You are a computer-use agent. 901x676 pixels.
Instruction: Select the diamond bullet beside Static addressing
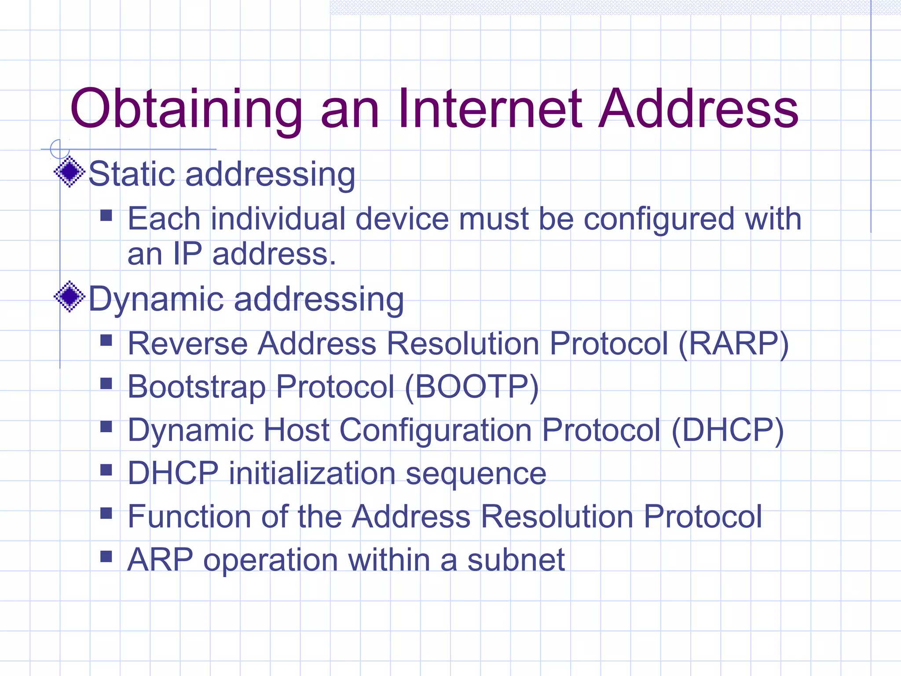pos(70,172)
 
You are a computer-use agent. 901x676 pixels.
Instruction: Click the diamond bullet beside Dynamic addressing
pos(70,296)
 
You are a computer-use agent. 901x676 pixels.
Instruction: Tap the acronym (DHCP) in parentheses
pos(728,430)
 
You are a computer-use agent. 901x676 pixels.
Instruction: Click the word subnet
pos(516,560)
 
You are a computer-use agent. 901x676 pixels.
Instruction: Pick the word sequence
pos(476,474)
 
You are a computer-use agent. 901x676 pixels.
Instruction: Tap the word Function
pos(189,516)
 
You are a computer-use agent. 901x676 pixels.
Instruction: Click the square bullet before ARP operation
pos(106,556)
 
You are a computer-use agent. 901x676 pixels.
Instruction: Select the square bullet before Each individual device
pos(106,215)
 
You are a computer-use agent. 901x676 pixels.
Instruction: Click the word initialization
pos(312,474)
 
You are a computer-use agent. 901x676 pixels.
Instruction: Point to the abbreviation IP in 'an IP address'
pos(187,254)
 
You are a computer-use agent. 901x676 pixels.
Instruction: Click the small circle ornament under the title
pos(60,149)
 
